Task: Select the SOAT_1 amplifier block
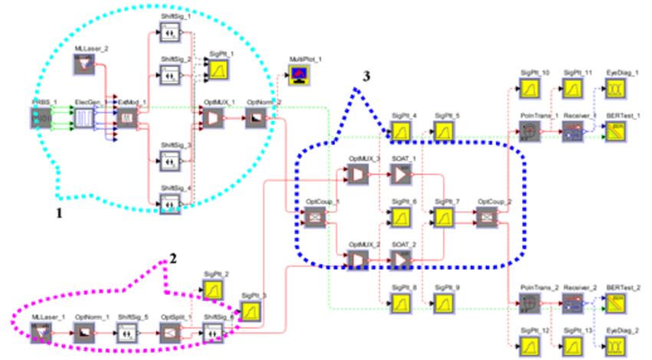tap(402, 176)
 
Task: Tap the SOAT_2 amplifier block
tap(402, 261)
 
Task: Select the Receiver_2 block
tap(573, 305)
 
